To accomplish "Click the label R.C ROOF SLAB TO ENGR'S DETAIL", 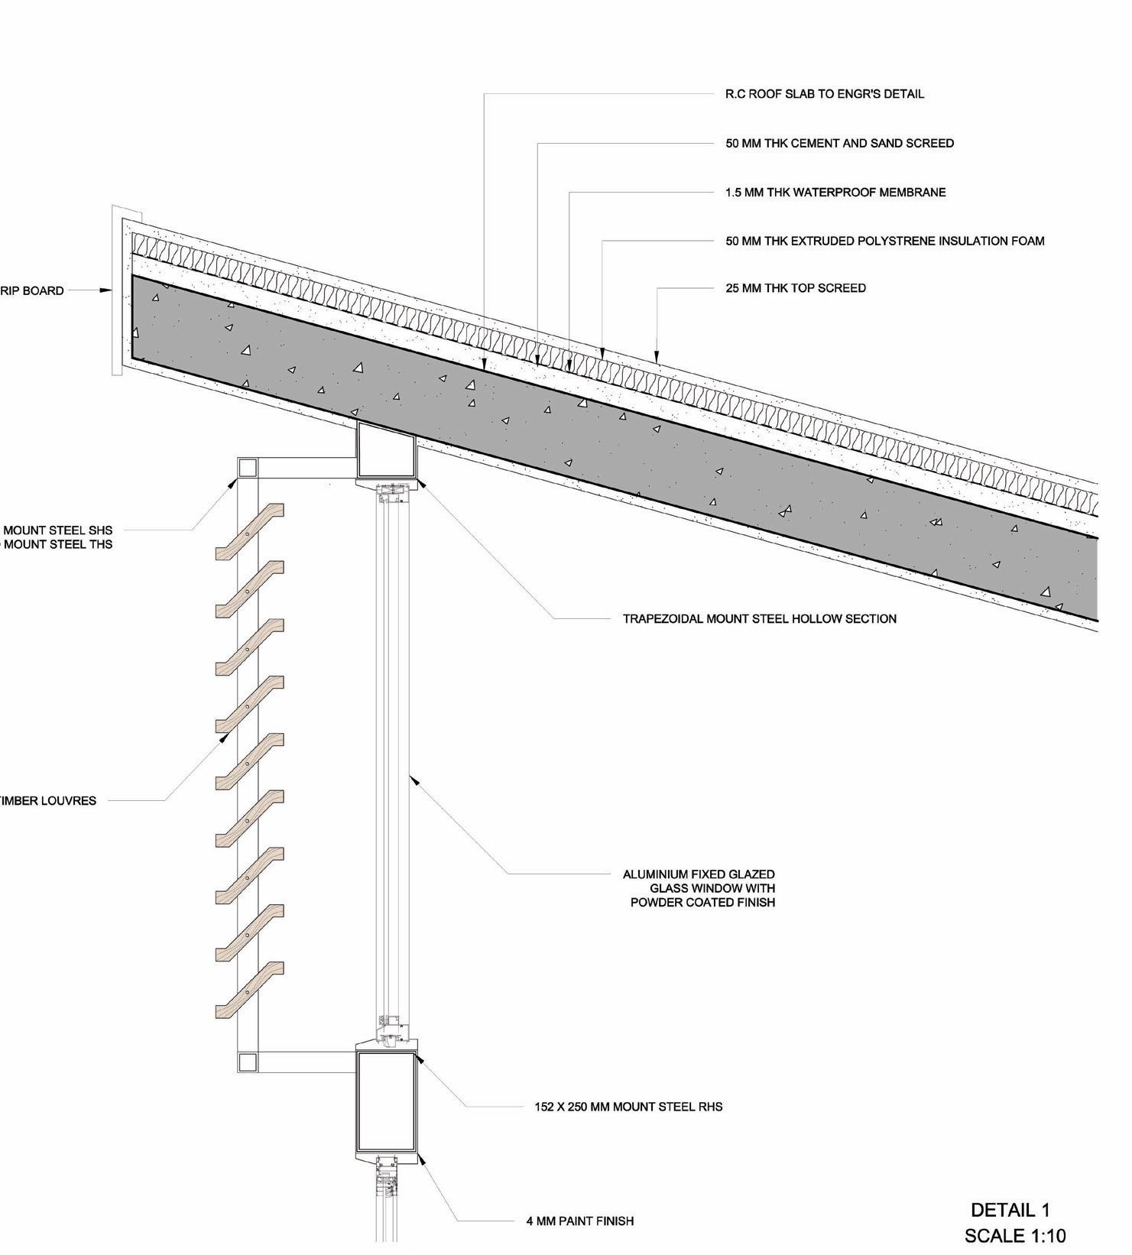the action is click(x=824, y=94).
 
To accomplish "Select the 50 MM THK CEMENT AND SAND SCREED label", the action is click(x=839, y=143).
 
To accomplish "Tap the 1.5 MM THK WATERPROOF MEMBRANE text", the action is click(x=835, y=192).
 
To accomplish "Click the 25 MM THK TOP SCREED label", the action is click(x=795, y=288).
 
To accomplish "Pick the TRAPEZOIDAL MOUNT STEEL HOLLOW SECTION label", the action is click(x=759, y=618).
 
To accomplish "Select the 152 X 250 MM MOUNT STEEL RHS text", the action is click(x=628, y=1106).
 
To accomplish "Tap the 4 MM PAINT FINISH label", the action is click(x=579, y=1221).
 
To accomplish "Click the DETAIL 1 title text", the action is click(x=1010, y=1209).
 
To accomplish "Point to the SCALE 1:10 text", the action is click(x=1014, y=1235).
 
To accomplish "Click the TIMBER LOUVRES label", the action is click(x=47, y=801).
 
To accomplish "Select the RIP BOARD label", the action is click(x=32, y=290).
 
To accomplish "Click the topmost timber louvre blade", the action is click(x=250, y=532).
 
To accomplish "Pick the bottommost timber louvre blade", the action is click(x=250, y=990).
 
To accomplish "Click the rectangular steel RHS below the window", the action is click(x=387, y=1102).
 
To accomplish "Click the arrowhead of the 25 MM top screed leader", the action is click(x=657, y=356).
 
